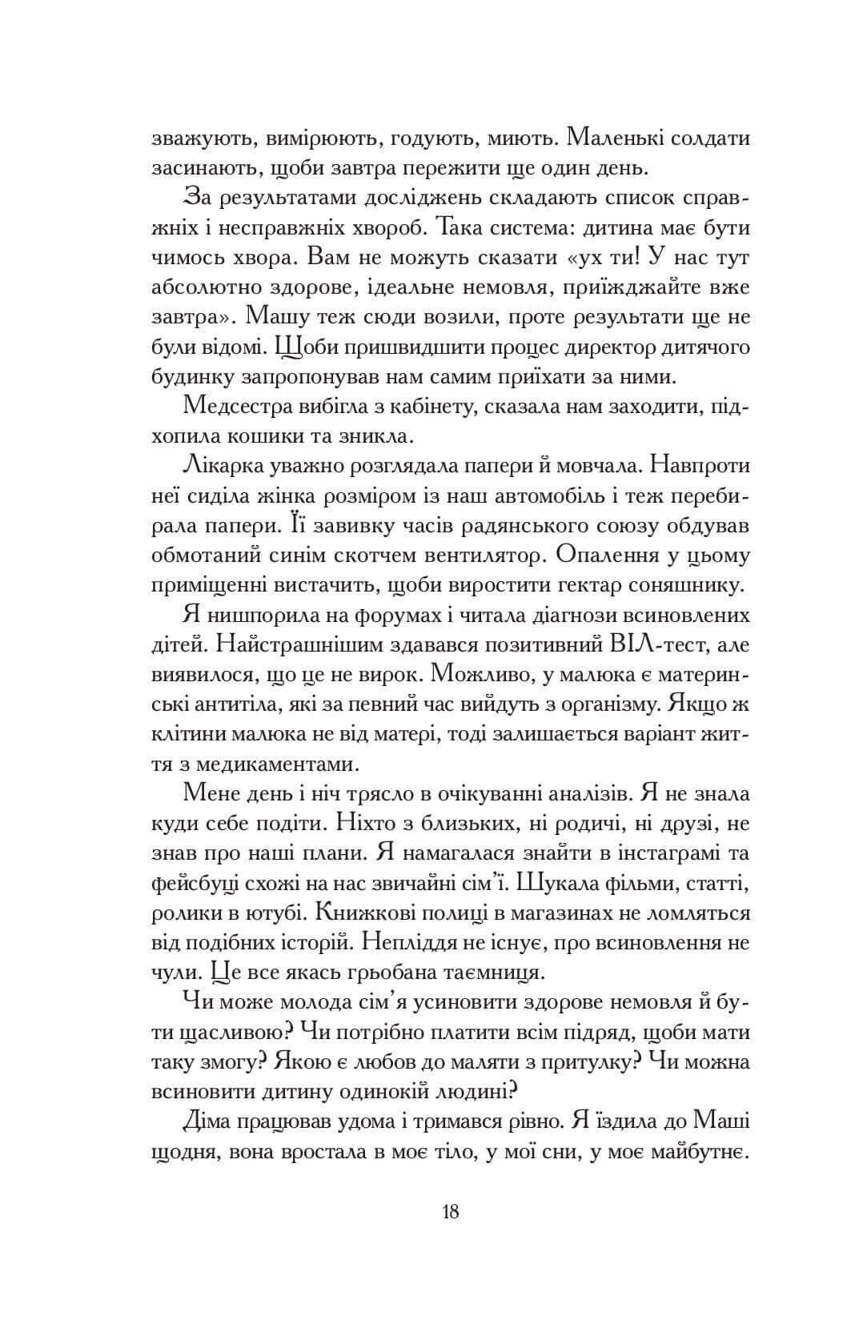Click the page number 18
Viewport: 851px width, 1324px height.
(449, 1211)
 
